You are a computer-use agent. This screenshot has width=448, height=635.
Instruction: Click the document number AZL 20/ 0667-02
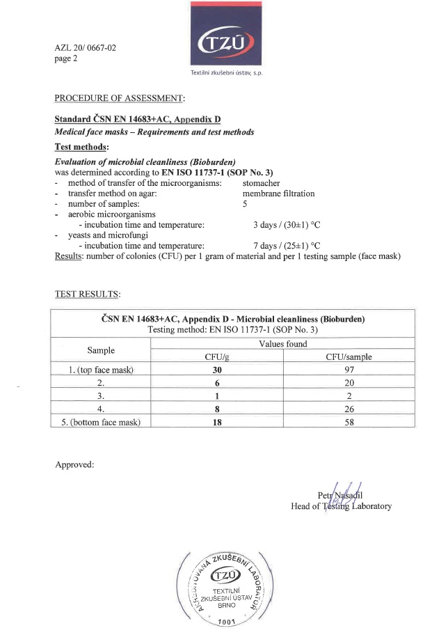pos(86,48)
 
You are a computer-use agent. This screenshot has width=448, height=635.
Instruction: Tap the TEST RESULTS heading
pos(88,294)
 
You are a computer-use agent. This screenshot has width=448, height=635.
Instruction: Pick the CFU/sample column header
pos(349,357)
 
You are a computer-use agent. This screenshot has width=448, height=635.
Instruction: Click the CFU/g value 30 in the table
pos(216,370)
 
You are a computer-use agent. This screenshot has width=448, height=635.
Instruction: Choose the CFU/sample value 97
pos(349,370)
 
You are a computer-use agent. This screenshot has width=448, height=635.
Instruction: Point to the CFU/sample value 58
pos(349,423)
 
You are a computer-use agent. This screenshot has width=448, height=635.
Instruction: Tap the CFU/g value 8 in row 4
pos(216,409)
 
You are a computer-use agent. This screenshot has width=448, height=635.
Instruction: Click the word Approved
pos(74,464)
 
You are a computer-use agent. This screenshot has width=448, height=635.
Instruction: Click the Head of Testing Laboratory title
pos(341,506)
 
